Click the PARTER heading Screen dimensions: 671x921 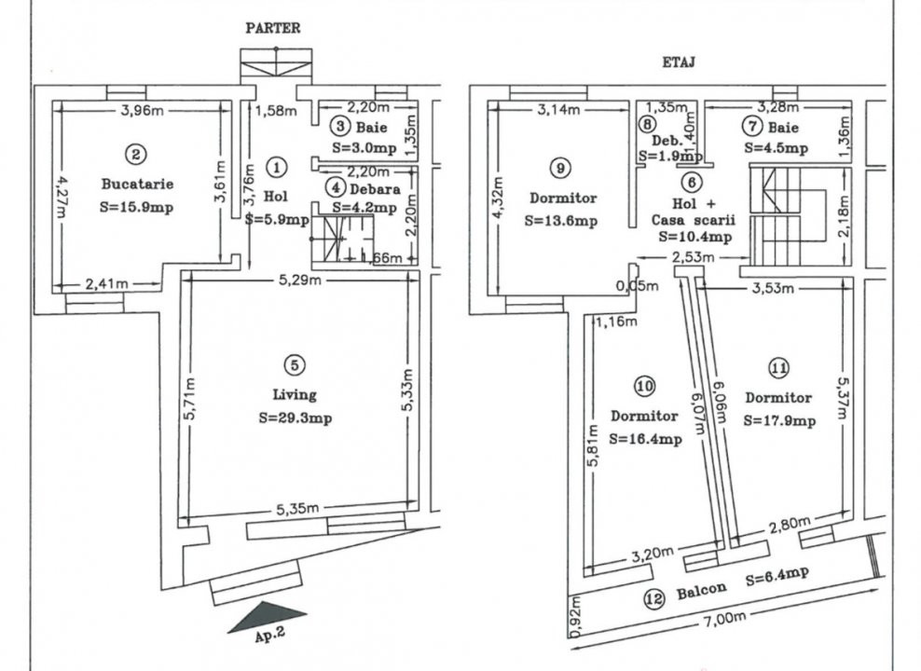pos(273,28)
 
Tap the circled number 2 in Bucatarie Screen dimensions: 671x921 pos(137,153)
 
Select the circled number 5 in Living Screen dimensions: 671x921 pos(295,365)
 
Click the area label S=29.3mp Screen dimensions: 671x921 pos(295,418)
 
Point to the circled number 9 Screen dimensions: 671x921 pos(559,168)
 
